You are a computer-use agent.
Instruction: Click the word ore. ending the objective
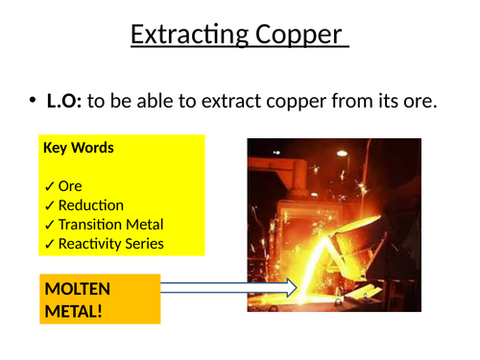click(x=418, y=100)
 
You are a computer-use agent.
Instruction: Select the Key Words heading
click(x=79, y=148)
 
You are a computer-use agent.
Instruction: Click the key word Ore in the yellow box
click(x=70, y=186)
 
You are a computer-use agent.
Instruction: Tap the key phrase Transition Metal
click(x=109, y=225)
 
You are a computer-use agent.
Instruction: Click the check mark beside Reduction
click(x=49, y=205)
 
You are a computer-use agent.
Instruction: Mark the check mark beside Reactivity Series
click(x=49, y=244)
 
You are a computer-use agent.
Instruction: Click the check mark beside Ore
click(x=49, y=186)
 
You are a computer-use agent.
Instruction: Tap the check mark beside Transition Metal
click(x=49, y=225)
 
